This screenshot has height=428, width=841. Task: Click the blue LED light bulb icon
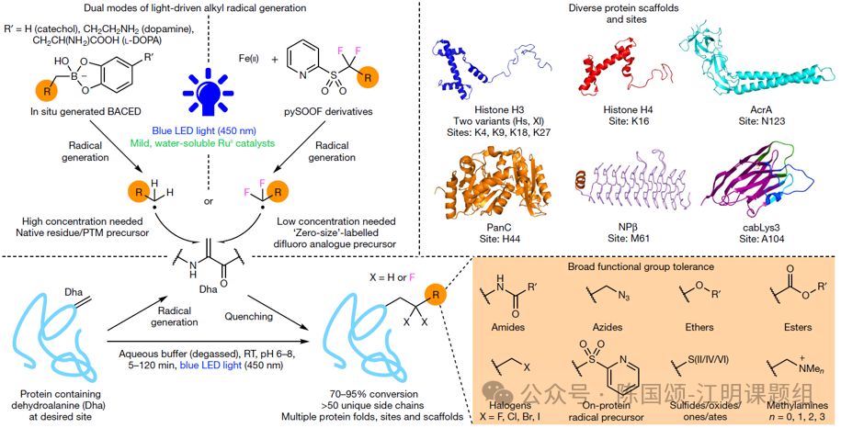click(207, 92)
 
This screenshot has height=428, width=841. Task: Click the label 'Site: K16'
click(629, 121)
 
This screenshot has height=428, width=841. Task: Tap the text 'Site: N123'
click(761, 121)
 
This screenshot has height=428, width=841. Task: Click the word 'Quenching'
click(248, 316)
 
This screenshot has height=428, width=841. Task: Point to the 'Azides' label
click(608, 327)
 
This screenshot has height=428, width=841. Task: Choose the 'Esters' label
click(798, 327)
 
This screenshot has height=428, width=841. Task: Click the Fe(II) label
click(248, 59)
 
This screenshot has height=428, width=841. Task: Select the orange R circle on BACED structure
click(47, 91)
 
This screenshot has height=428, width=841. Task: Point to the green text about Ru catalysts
click(202, 143)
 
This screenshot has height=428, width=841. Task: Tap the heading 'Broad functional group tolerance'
click(641, 266)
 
